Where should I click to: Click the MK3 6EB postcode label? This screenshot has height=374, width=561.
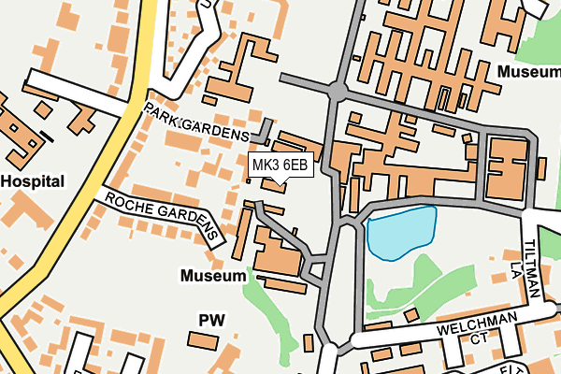[280, 165]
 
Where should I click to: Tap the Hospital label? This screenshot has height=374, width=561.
[32, 181]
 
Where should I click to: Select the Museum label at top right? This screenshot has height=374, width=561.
[529, 71]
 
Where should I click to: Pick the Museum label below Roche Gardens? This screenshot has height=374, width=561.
[214, 277]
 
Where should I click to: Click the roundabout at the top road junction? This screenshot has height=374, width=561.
[337, 91]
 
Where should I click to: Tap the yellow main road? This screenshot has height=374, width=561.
[93, 187]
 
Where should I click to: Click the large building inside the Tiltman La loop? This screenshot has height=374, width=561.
[506, 170]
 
